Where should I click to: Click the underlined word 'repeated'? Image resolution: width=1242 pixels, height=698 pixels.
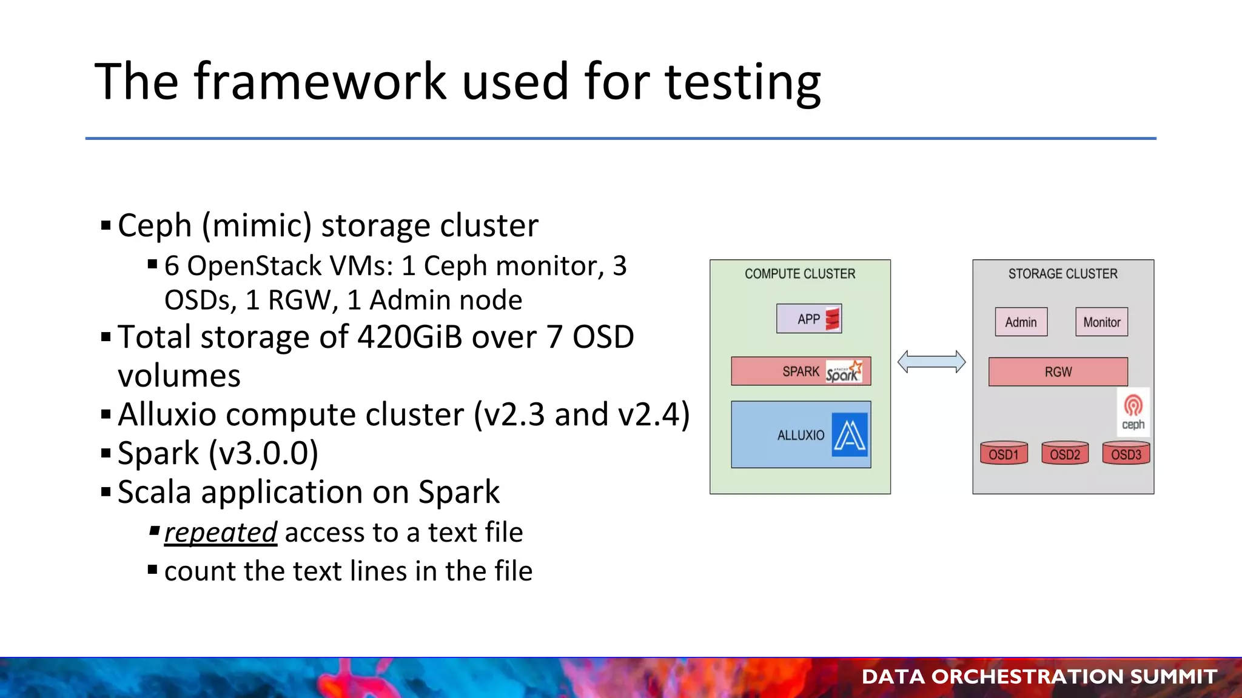(x=220, y=533)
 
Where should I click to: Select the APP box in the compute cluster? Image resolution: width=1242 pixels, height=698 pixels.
(x=808, y=319)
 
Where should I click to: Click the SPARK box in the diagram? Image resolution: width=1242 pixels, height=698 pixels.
(x=800, y=371)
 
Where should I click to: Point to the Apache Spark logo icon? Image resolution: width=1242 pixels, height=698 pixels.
(x=844, y=372)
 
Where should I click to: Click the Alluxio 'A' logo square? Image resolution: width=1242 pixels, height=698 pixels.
(x=850, y=435)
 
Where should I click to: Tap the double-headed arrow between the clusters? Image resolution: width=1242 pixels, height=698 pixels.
(x=931, y=362)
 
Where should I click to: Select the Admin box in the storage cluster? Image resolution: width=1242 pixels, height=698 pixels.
(x=1021, y=322)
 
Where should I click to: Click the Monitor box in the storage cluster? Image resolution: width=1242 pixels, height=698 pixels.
(x=1101, y=322)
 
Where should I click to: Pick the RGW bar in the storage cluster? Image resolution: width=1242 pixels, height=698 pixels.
(x=1058, y=372)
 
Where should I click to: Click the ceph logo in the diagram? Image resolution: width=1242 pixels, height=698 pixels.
(x=1133, y=412)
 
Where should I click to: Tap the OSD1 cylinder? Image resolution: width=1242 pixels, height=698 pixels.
(x=1004, y=454)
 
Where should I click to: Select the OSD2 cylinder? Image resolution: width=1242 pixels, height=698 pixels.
(x=1065, y=454)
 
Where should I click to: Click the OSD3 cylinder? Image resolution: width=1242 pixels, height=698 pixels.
(x=1126, y=454)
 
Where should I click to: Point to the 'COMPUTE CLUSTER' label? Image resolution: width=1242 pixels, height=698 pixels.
(x=800, y=274)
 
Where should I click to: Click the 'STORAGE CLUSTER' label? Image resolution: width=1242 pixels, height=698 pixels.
(x=1062, y=274)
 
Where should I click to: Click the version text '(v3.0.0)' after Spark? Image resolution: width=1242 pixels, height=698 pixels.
(x=263, y=453)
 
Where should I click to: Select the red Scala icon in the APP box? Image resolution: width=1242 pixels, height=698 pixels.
(x=833, y=319)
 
